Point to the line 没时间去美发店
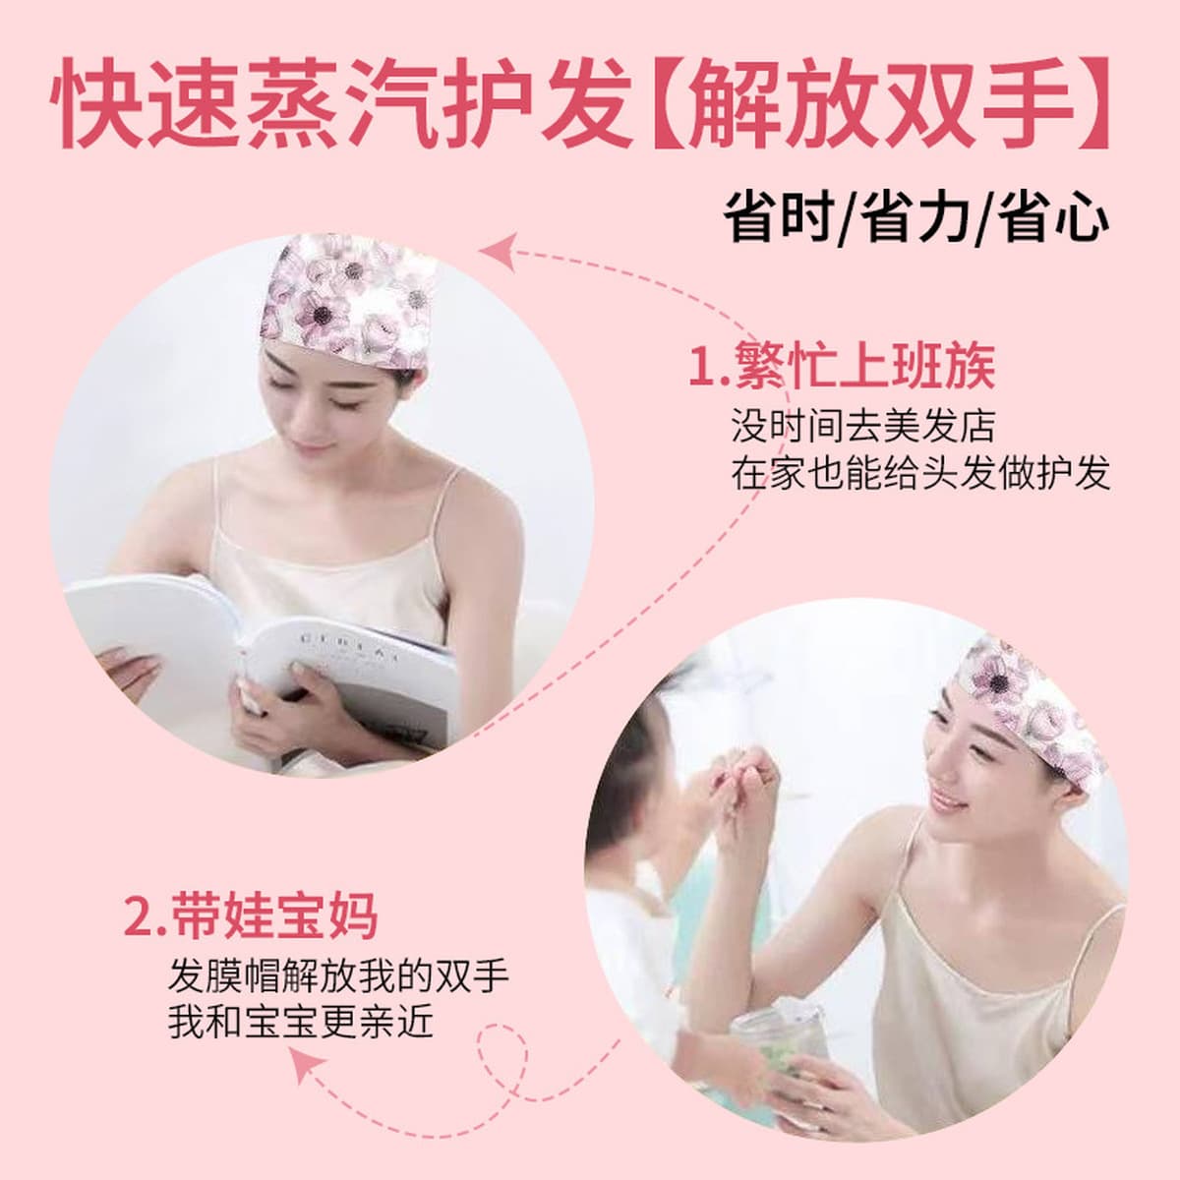(863, 428)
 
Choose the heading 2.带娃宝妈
(251, 916)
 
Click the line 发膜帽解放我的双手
(338, 977)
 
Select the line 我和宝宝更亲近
(301, 1025)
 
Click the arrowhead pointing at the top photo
(500, 251)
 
